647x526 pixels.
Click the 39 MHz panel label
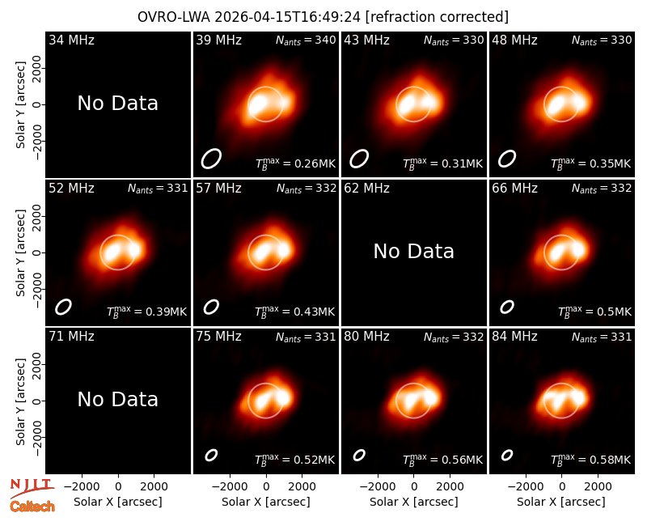218,40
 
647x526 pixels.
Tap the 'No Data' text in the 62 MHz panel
413,251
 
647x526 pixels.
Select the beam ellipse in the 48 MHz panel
507,159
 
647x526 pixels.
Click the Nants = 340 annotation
306,40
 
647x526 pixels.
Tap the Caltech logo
32,507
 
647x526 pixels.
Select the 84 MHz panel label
514,337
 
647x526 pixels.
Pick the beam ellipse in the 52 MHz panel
64,307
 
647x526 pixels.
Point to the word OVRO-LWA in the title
174,17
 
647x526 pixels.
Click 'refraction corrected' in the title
437,17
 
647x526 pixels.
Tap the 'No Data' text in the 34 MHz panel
117,103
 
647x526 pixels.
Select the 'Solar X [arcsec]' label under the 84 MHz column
561,502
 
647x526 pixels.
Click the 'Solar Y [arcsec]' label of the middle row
21,252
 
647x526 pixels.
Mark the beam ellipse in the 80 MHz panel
359,455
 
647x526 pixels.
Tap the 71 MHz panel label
71,337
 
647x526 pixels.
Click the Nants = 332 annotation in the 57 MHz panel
307,189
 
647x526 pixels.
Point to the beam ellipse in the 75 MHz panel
211,455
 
